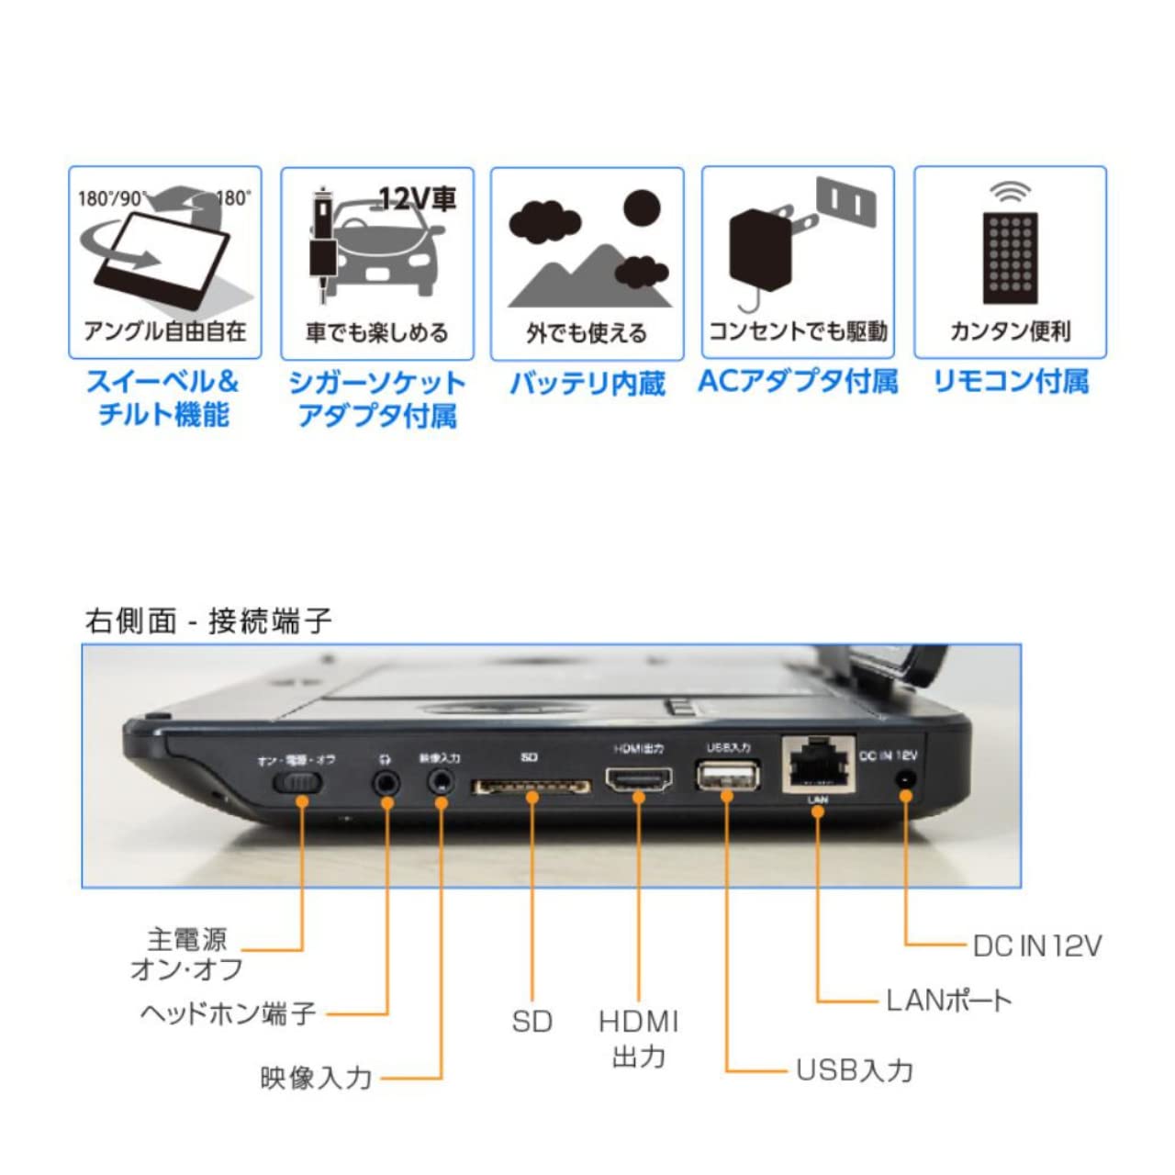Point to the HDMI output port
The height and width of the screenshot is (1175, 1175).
[639, 780]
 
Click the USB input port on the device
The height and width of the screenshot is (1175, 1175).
[728, 777]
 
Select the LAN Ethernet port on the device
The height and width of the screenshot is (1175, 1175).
[819, 764]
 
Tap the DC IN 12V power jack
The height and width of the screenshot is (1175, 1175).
[906, 779]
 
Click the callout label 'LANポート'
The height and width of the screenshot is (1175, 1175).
[948, 1001]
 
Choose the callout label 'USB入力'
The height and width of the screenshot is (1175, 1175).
[855, 1069]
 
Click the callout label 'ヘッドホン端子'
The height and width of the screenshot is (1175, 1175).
[229, 1013]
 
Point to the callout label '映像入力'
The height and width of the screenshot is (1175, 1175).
[316, 1078]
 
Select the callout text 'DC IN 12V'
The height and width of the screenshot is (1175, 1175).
[1036, 945]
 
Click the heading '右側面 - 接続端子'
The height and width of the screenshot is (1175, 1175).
[208, 621]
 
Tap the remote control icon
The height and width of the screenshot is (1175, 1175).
[1010, 257]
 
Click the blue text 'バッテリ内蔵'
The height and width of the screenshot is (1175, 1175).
[587, 383]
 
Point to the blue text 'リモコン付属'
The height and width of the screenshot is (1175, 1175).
[1010, 381]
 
